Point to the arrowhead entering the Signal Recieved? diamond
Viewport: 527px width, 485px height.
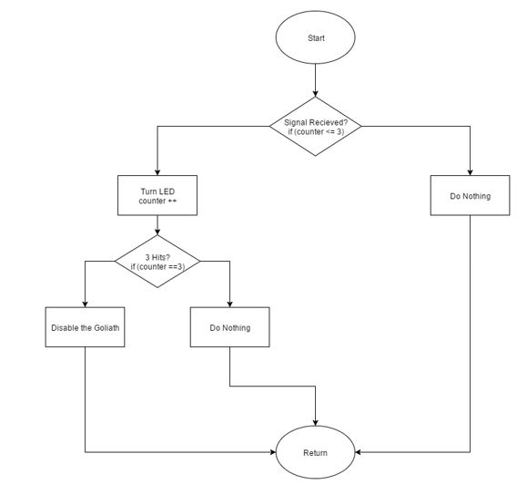coord(315,94)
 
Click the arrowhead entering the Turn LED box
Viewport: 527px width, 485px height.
coord(157,172)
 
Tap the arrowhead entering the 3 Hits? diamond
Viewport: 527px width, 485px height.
coord(157,232)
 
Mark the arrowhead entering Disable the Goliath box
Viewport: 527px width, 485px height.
coord(85,304)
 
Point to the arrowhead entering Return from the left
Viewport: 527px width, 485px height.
coord(272,452)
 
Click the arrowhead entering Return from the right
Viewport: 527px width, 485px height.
coord(359,452)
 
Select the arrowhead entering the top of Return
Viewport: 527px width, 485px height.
coord(315,423)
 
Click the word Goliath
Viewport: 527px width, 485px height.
coord(106,328)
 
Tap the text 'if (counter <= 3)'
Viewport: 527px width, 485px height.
coord(316,131)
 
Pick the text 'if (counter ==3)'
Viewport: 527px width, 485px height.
coord(157,266)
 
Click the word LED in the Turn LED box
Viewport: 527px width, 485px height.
coord(167,191)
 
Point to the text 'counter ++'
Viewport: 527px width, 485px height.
coord(157,201)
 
